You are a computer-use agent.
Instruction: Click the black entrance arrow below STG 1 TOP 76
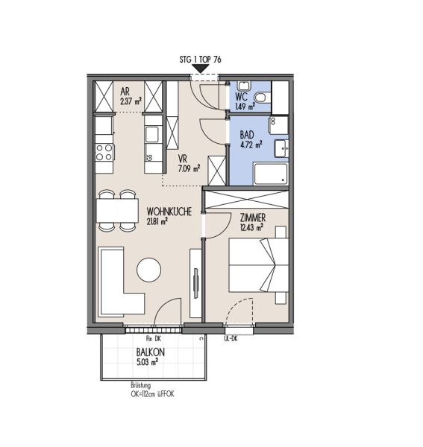201,69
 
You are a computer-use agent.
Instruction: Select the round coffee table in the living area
148,270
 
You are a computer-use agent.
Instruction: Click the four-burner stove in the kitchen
104,152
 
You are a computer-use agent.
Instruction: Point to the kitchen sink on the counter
152,134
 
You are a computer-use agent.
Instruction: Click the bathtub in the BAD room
271,174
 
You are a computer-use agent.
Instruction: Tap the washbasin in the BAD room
281,148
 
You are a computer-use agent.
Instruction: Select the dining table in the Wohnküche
117,211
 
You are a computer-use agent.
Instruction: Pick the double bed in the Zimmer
258,264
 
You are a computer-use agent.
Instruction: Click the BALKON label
151,352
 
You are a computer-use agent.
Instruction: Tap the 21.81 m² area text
157,221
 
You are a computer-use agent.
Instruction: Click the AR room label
125,92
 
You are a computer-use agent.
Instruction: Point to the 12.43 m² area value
251,227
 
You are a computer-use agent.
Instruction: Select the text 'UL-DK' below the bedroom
231,339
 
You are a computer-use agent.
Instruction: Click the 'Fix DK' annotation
154,339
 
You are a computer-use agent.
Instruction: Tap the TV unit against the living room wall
195,283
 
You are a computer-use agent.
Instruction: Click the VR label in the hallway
182,159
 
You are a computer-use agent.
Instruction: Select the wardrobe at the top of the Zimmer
247,200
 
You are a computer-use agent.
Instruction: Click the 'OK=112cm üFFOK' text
152,394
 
